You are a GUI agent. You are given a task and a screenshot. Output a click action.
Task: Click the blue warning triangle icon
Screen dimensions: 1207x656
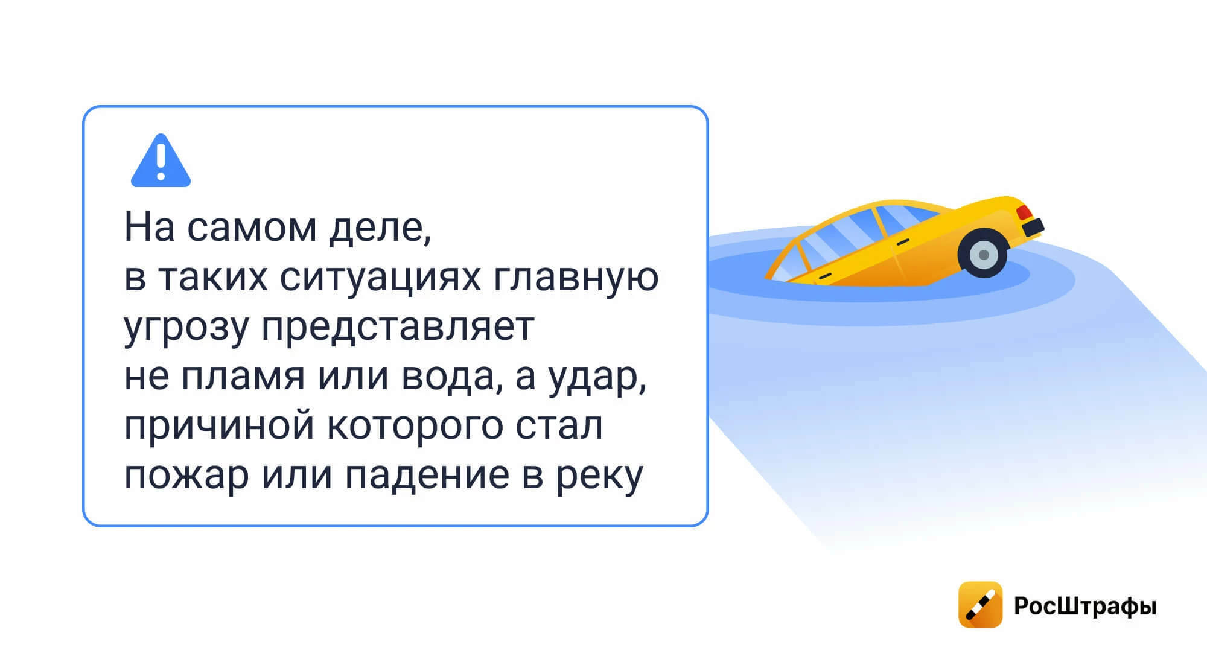[x=161, y=161]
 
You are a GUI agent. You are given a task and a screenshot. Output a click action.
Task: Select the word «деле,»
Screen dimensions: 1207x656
[x=380, y=228]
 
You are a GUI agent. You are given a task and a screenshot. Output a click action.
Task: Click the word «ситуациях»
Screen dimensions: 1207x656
[x=380, y=278]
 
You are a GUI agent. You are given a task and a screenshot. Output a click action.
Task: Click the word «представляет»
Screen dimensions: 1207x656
[x=398, y=328]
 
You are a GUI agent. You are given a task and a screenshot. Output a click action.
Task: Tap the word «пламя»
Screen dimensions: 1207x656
[x=243, y=377]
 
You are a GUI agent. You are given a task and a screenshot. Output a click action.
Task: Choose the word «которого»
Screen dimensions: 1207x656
[x=415, y=427]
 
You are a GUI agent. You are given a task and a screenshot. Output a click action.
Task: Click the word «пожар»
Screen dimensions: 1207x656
[x=186, y=477]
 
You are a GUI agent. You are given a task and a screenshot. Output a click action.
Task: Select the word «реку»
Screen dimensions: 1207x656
[x=599, y=477]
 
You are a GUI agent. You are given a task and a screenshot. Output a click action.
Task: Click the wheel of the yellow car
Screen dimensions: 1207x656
[x=983, y=253]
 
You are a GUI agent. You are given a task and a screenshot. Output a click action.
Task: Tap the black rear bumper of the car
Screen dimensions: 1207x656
[x=1033, y=228]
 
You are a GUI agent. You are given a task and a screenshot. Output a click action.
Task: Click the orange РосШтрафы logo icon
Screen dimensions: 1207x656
[x=980, y=605]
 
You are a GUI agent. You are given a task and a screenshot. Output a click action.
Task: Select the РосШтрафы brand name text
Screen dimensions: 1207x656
[x=1085, y=606]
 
